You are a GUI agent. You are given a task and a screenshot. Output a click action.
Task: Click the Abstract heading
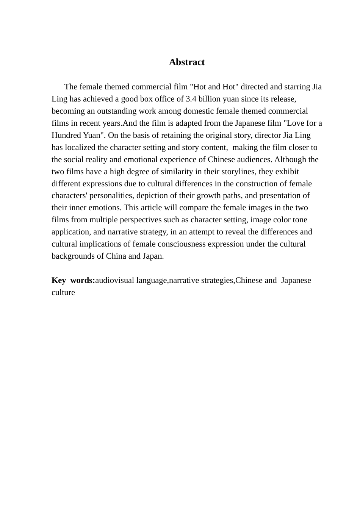187,62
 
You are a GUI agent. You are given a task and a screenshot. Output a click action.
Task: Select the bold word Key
59,280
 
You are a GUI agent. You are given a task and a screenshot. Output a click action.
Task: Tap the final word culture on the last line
63,292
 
